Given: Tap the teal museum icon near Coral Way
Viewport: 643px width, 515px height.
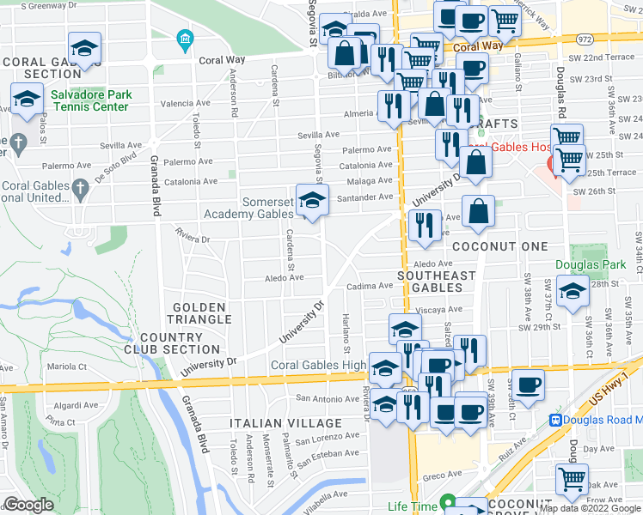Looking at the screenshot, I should click(184, 39).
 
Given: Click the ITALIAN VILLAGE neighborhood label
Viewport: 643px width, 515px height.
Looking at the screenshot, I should click(285, 424).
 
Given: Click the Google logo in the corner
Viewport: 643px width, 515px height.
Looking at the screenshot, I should click(28, 505).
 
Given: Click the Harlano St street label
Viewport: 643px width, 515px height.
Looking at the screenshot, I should click(347, 333).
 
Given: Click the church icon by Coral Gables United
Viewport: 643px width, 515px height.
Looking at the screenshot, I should click(80, 189).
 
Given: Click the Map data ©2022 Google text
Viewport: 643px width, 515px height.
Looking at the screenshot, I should click(589, 508).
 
